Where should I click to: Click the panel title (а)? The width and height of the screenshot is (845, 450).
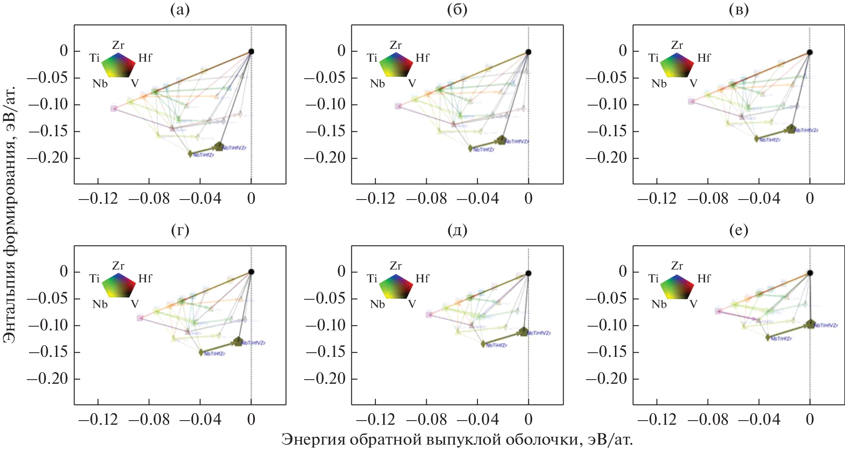click(x=180, y=10)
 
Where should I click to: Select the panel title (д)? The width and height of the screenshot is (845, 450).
click(x=457, y=230)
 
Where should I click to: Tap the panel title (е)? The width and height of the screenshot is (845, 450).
click(x=739, y=230)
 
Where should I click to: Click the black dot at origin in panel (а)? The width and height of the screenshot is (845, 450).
click(x=251, y=52)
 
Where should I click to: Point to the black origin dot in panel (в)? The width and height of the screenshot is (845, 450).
click(x=810, y=52)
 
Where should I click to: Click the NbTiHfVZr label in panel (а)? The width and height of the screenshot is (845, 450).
click(x=235, y=148)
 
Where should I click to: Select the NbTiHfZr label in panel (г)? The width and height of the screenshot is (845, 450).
click(x=215, y=354)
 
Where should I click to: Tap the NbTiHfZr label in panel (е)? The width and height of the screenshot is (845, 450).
click(x=781, y=339)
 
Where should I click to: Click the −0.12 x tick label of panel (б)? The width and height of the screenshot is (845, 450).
click(x=375, y=199)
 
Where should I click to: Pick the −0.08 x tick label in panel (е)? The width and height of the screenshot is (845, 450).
click(x=708, y=420)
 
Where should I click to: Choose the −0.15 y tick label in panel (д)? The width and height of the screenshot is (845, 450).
click(x=325, y=352)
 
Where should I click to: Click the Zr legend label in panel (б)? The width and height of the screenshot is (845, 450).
click(x=396, y=45)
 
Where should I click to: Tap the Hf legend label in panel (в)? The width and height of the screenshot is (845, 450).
click(x=703, y=58)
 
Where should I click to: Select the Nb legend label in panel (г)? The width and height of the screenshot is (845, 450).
click(x=100, y=304)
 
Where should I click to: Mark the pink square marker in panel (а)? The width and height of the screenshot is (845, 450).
click(x=114, y=108)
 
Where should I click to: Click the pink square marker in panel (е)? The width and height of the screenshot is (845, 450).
click(x=718, y=311)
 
